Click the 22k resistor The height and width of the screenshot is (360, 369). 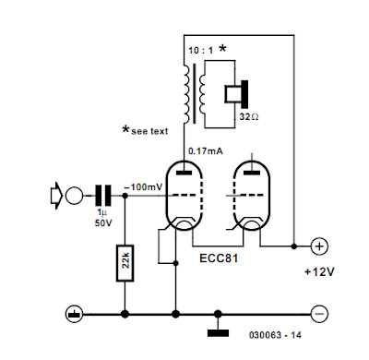click(x=125, y=263)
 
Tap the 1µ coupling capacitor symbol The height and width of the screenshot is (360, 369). click(x=103, y=196)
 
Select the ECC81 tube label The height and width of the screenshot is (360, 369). click(x=219, y=258)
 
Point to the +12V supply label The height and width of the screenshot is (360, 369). click(x=319, y=272)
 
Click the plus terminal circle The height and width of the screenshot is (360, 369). click(x=320, y=246)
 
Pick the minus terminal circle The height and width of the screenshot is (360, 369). click(x=320, y=314)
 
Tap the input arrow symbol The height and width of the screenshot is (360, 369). click(x=56, y=196)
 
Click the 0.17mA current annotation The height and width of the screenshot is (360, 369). click(x=206, y=151)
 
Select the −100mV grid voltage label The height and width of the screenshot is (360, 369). click(x=143, y=186)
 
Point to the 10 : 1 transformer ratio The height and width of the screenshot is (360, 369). click(x=201, y=51)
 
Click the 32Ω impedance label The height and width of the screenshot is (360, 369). click(x=249, y=117)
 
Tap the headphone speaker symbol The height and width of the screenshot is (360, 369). click(x=236, y=94)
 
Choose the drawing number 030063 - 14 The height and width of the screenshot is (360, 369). click(x=275, y=335)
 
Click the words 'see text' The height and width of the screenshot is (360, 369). click(x=149, y=131)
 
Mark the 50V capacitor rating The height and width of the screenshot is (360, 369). click(x=103, y=222)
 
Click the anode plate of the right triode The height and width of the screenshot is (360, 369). click(x=252, y=173)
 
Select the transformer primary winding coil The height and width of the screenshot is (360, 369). click(x=187, y=94)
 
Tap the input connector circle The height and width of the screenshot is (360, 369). click(x=74, y=196)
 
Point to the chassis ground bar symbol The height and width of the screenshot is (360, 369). click(x=218, y=332)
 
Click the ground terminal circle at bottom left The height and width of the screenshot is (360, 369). click(x=74, y=314)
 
